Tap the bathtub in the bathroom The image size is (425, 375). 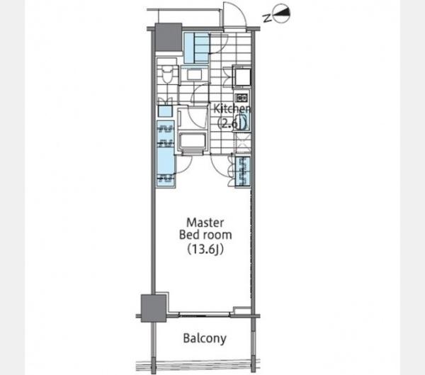pyautogui.click(x=193, y=141)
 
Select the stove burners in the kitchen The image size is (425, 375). pyautogui.click(x=241, y=97)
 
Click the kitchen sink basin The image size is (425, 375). pyautogui.click(x=243, y=121)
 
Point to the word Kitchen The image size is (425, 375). pyautogui.click(x=232, y=108)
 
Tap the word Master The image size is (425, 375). pyautogui.click(x=205, y=223)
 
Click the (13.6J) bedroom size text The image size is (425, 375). pyautogui.click(x=205, y=249)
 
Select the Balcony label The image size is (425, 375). pyautogui.click(x=205, y=339)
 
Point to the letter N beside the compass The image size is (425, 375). pyautogui.click(x=267, y=18)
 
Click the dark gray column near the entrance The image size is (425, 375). pyautogui.click(x=169, y=37)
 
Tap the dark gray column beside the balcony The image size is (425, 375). pyautogui.click(x=154, y=308)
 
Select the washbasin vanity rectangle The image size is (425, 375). pyautogui.click(x=194, y=74)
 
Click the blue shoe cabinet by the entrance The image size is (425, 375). pyautogui.click(x=197, y=47)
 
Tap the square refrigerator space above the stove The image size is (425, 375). pyautogui.click(x=243, y=77)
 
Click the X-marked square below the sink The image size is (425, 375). pyautogui.click(x=242, y=142)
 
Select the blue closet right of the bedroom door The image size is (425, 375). pyautogui.click(x=242, y=172)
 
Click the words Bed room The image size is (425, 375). pyautogui.click(x=205, y=235)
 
